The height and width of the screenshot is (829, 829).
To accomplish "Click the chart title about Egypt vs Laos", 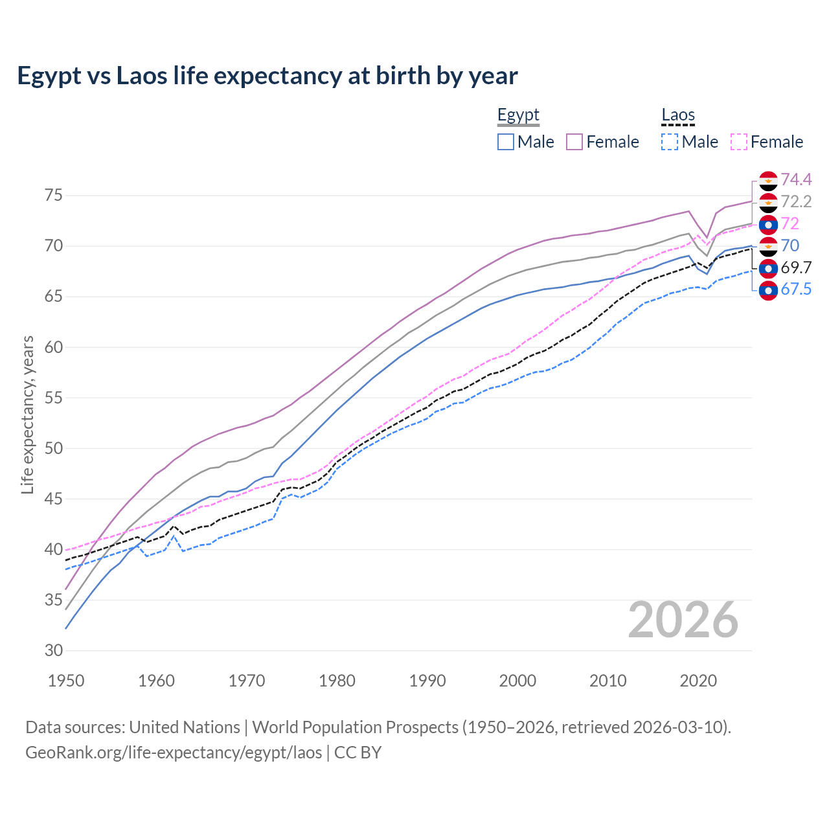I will click(x=267, y=76).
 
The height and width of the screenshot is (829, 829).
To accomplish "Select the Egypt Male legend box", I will click(x=506, y=142).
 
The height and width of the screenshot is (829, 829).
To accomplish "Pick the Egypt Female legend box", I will click(x=574, y=142).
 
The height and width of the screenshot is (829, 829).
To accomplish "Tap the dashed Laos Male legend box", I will click(x=670, y=142).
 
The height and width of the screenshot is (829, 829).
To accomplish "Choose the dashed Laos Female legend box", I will click(x=739, y=142).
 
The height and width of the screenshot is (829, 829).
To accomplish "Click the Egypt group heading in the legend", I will click(x=518, y=115).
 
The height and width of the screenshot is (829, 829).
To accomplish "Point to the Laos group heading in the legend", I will click(x=678, y=115).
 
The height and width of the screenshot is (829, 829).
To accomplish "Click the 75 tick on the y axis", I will click(x=54, y=196).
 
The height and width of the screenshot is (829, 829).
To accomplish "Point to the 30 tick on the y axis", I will click(x=54, y=651).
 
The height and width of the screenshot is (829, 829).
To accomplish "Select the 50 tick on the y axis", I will click(x=54, y=448).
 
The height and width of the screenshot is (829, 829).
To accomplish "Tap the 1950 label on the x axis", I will click(x=67, y=681).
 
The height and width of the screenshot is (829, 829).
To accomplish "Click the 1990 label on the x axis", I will click(x=427, y=681).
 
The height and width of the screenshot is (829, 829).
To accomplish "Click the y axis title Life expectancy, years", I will click(x=28, y=414).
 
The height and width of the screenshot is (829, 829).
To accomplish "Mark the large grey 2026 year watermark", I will click(x=683, y=620).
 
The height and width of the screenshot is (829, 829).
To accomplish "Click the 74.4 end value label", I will click(x=796, y=179).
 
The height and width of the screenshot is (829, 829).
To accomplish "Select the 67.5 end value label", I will click(x=796, y=290).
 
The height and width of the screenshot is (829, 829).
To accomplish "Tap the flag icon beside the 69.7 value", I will click(x=768, y=268).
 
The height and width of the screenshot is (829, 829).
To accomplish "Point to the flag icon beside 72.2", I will click(x=768, y=202).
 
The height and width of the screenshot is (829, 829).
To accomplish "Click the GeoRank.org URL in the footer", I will click(x=174, y=753).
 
